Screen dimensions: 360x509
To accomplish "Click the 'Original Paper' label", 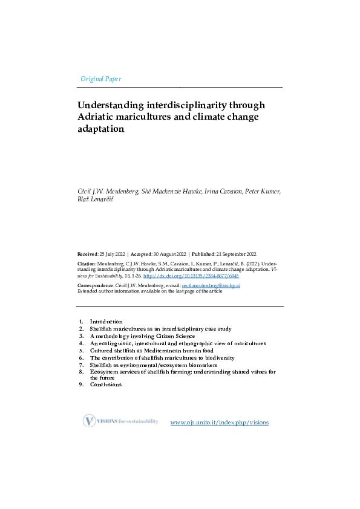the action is (100, 79).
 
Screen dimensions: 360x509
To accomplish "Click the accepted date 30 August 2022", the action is (169, 254).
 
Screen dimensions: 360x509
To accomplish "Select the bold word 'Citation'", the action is (87, 264).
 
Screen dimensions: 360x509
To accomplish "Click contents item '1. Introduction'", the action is (106, 322).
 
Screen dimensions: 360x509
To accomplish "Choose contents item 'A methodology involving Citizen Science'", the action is (142, 336).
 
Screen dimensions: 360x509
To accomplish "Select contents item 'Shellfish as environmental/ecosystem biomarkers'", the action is (153, 365).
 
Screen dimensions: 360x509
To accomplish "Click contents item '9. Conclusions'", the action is (105, 384).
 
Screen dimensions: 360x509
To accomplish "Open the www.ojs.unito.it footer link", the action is (220, 422).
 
